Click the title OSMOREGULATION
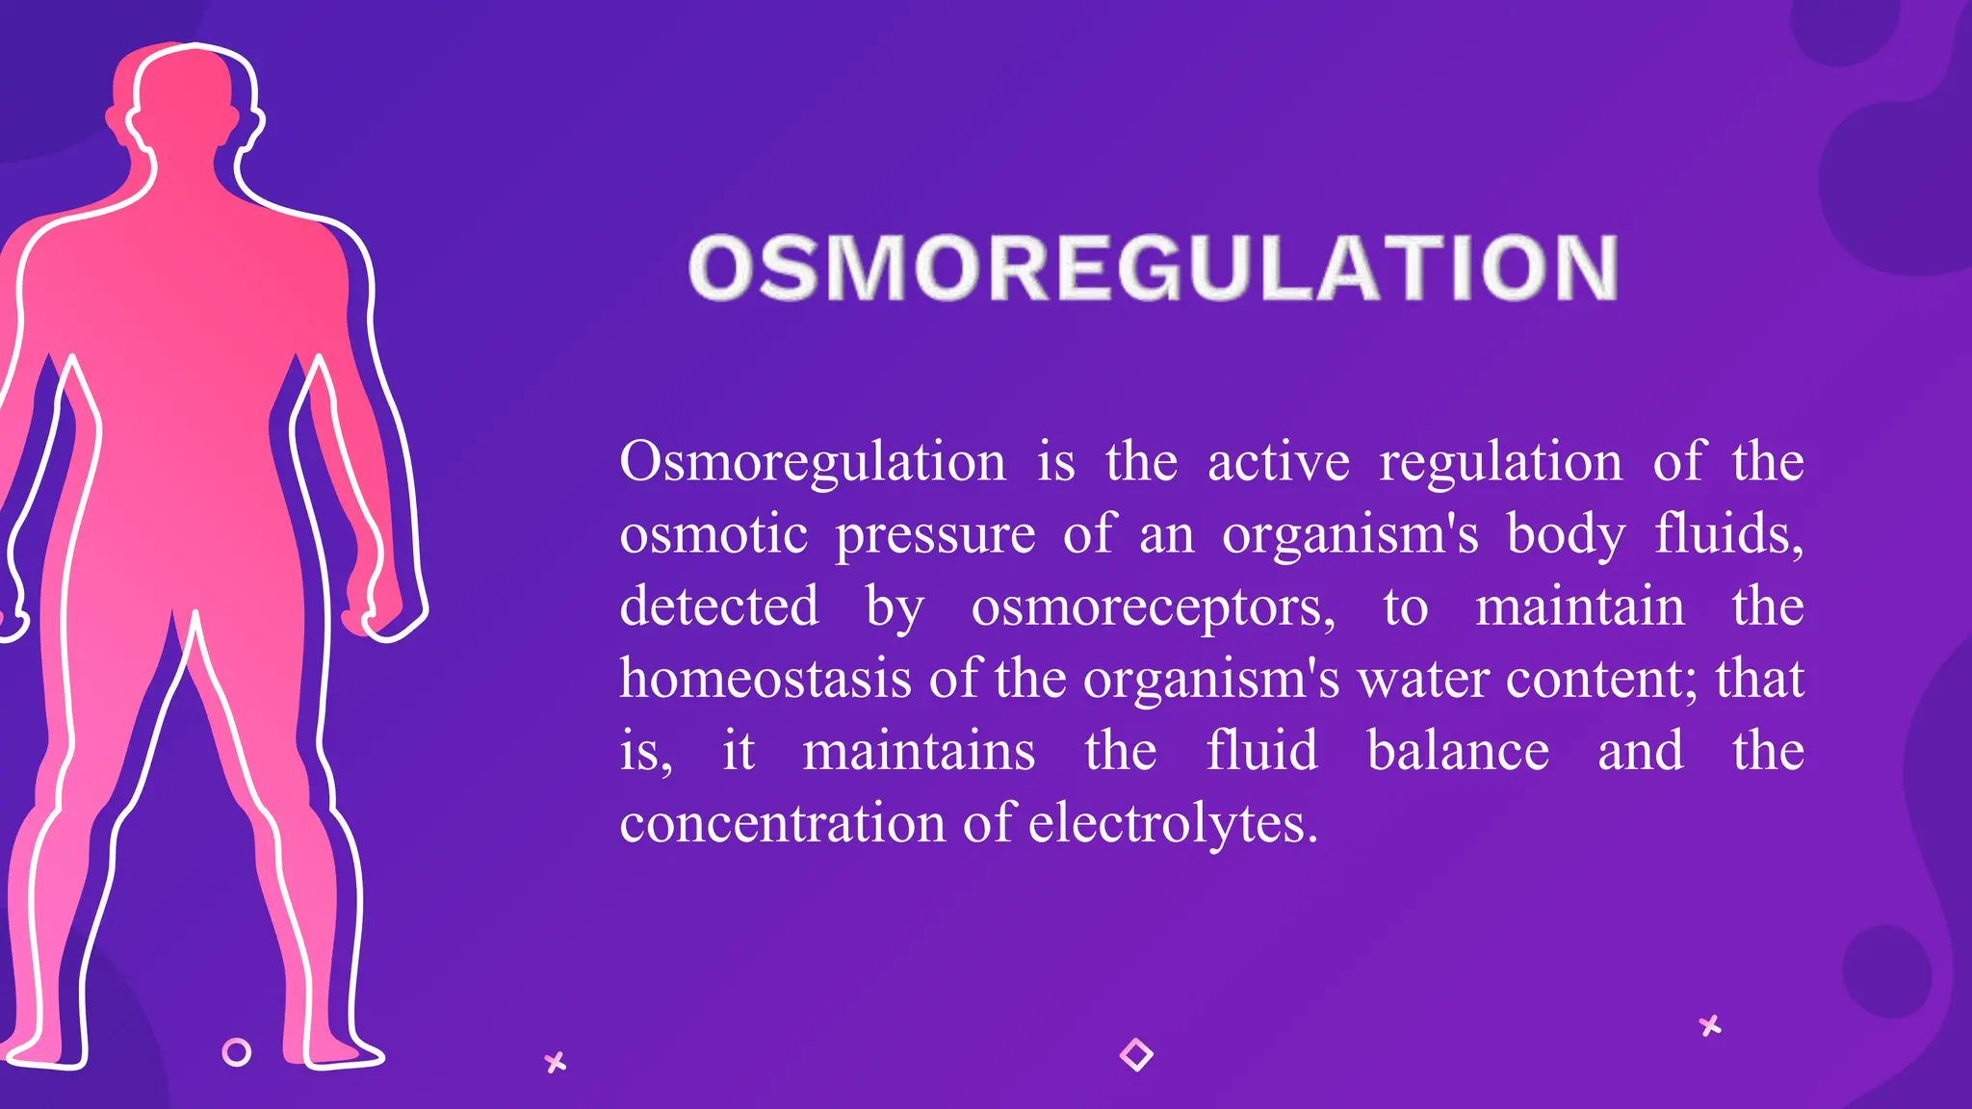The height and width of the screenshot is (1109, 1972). pos(1153,268)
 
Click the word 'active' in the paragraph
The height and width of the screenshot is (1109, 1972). pos(1279,462)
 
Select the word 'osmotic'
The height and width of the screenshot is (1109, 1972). pos(714,534)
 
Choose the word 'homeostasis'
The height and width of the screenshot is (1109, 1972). pos(765,679)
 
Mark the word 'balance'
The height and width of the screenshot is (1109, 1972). pos(1458,751)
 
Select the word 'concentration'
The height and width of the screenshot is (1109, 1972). pos(783,824)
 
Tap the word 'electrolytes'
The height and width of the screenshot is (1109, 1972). pos(1172,824)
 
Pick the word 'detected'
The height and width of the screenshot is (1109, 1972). pos(719,606)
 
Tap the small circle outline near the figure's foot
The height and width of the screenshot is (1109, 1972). pos(236,1052)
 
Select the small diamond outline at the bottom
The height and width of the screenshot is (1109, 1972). pos(1136,1054)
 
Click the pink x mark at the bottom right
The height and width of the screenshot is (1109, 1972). pos(1710,1025)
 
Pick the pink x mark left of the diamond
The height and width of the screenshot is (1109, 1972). pos(556,1063)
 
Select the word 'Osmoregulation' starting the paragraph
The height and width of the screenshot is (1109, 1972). pos(813,462)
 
